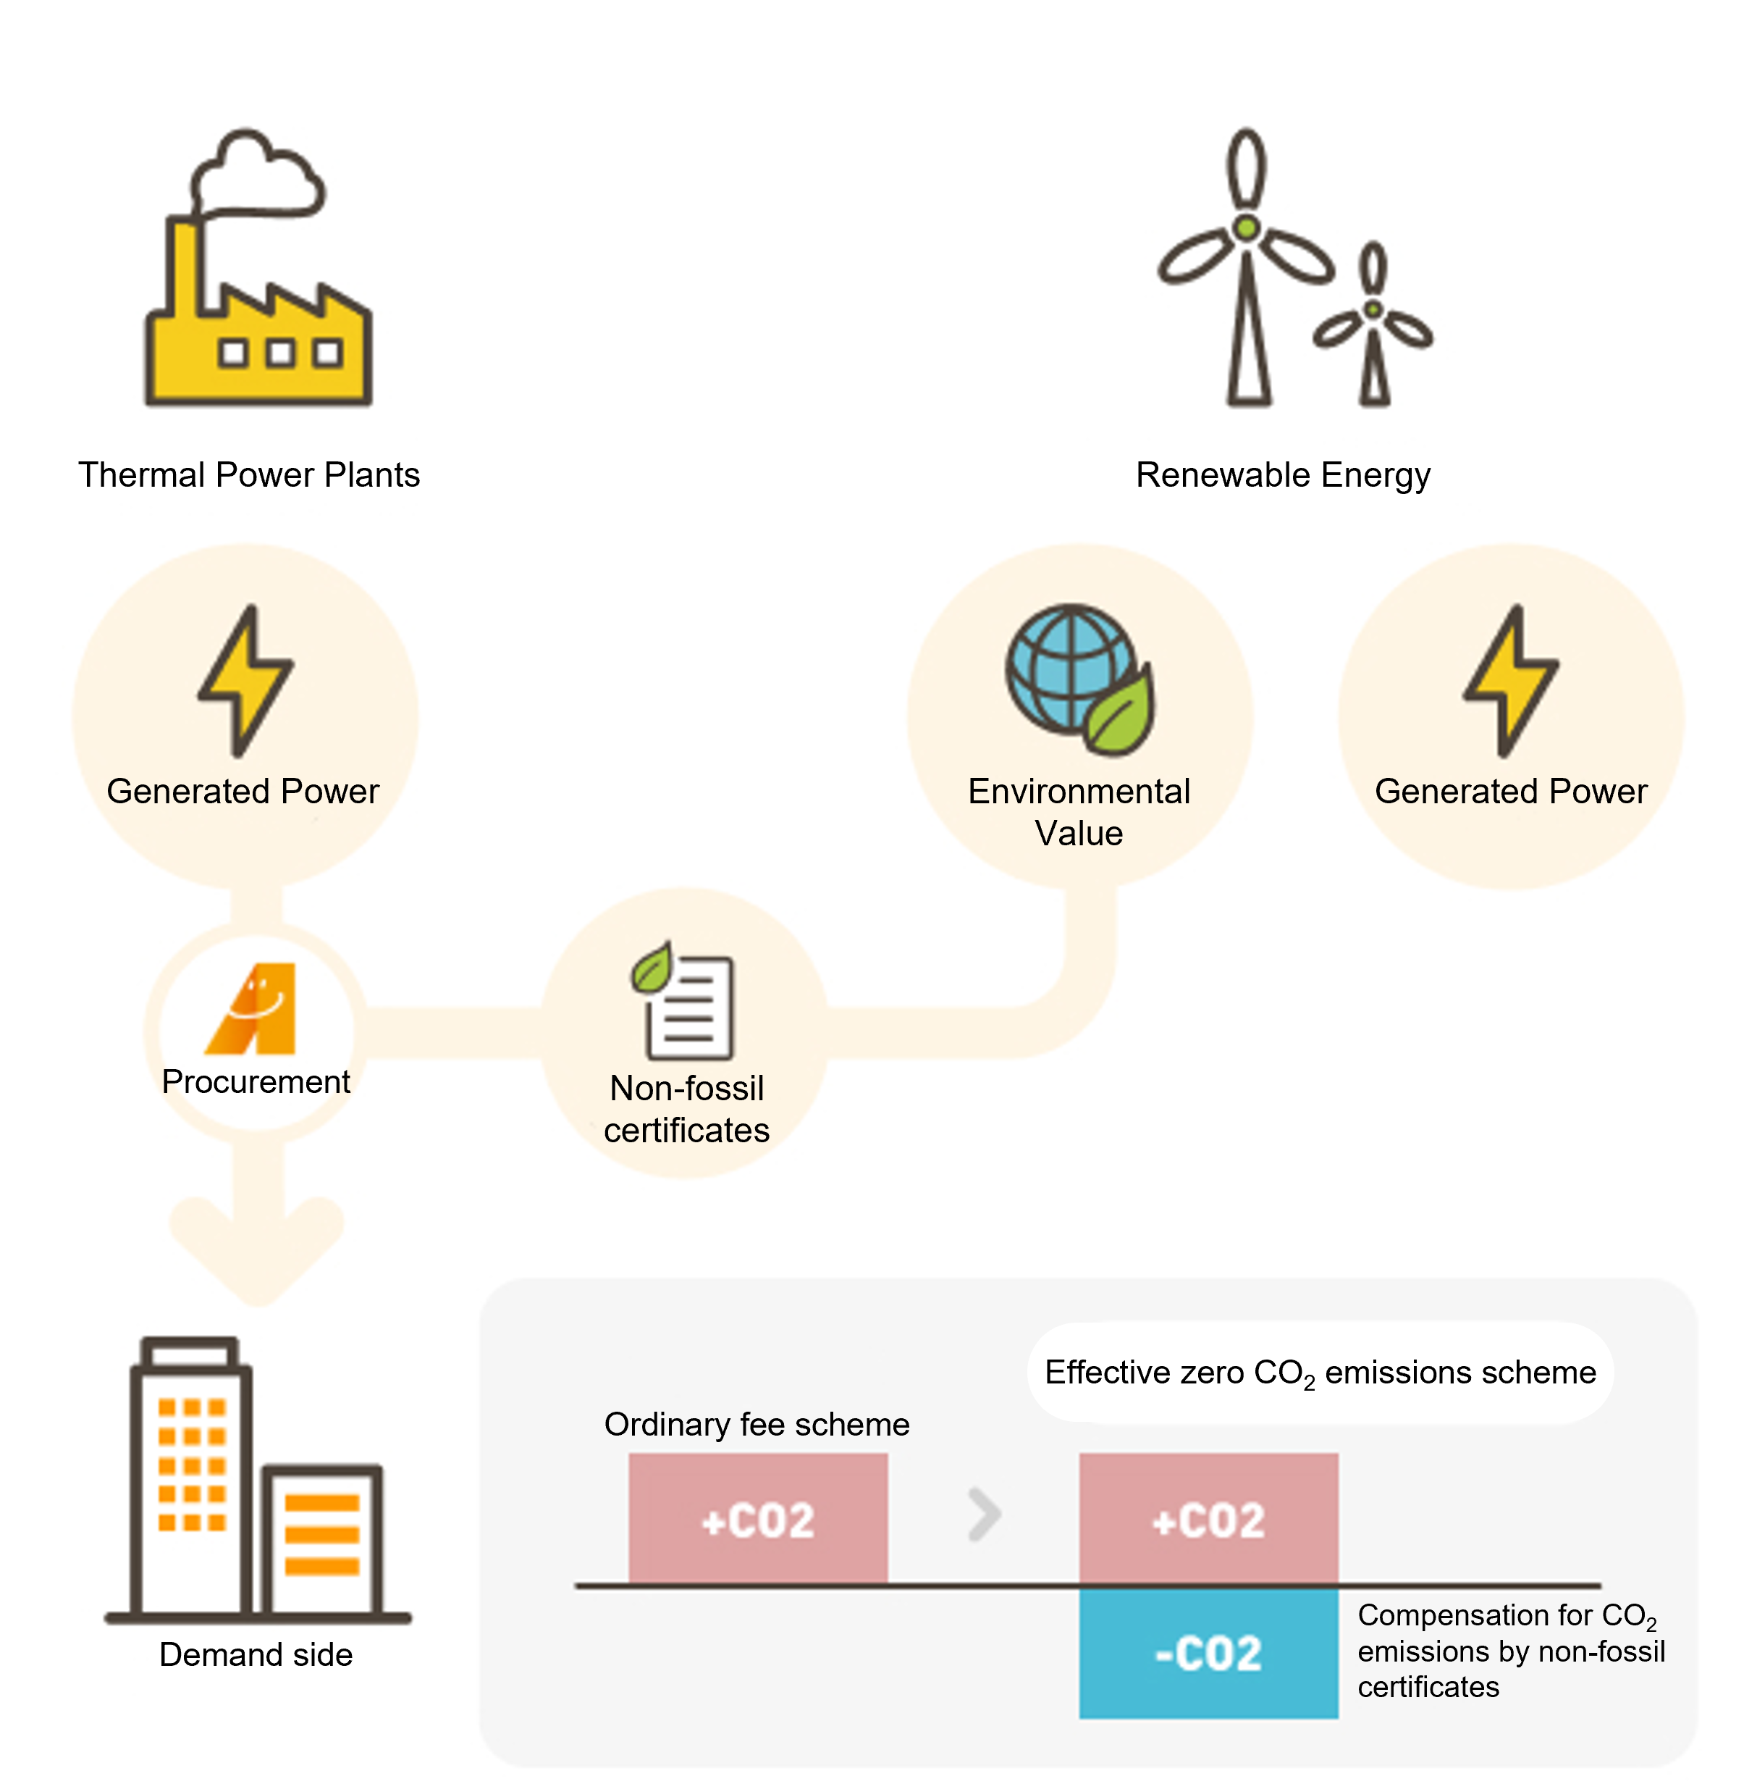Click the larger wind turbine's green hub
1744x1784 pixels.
click(1246, 227)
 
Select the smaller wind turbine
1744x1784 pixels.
click(1373, 325)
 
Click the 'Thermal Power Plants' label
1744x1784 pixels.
click(249, 474)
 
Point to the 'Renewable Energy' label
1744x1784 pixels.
click(1282, 474)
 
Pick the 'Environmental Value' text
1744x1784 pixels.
click(1079, 812)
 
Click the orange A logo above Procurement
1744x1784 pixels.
click(253, 1008)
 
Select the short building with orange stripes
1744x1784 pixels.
click(321, 1538)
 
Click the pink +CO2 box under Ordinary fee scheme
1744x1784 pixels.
click(757, 1518)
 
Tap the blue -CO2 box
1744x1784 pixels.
click(1208, 1653)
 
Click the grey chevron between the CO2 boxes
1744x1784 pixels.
click(985, 1515)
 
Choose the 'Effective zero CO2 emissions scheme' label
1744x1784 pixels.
click(1320, 1373)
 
